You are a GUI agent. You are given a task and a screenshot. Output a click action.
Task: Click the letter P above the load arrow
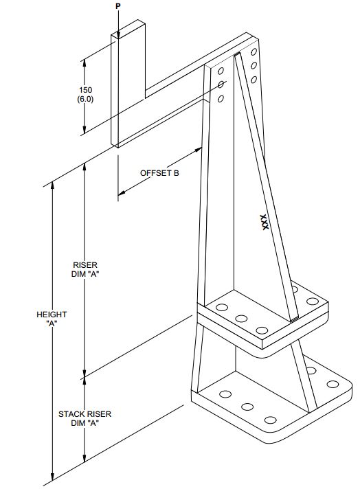click(x=117, y=5)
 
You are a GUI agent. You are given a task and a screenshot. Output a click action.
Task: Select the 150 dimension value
click(x=85, y=90)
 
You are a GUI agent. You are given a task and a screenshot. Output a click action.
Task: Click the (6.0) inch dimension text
click(x=85, y=100)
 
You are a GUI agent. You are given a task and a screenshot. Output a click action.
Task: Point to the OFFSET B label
click(x=159, y=173)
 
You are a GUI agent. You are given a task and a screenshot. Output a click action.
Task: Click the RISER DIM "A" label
click(x=86, y=269)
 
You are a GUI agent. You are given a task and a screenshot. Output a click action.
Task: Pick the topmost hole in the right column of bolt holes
click(x=254, y=52)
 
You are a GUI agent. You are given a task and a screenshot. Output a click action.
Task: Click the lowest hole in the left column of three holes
click(x=221, y=99)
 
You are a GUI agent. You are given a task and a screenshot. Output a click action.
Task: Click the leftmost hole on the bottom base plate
click(x=225, y=395)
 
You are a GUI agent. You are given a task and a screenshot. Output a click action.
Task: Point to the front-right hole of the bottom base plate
click(x=271, y=420)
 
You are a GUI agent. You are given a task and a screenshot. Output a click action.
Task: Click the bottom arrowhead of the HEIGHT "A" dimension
click(x=53, y=479)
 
